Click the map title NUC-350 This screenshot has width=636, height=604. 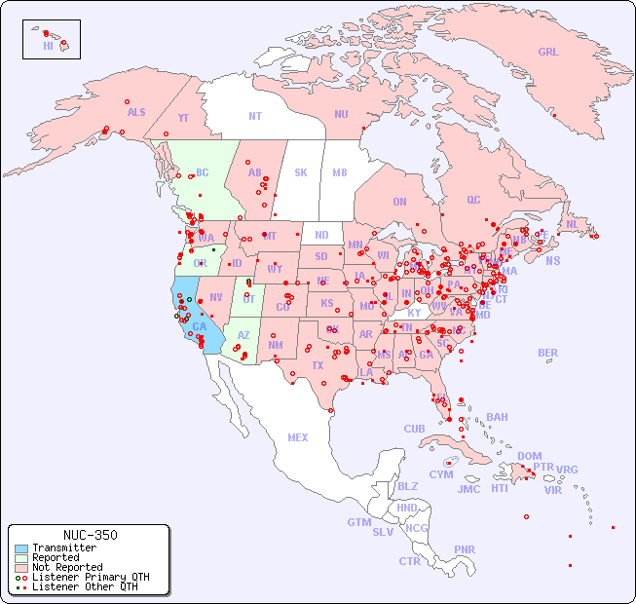89,535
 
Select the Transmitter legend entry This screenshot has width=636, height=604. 63,548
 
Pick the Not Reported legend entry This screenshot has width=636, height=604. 66,567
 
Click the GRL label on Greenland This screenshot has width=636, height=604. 548,53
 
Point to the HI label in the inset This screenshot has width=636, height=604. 48,46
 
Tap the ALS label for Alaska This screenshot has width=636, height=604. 136,112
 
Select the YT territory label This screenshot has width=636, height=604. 183,117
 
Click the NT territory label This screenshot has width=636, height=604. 254,116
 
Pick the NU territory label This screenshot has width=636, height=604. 341,114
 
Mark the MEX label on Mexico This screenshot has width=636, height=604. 298,437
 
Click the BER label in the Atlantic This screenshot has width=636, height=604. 547,353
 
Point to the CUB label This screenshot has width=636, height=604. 414,429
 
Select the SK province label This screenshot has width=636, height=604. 301,172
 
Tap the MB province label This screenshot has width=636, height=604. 339,172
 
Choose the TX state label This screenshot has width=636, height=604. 318,365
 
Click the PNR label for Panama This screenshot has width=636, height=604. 465,549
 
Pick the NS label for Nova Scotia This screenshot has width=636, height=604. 552,260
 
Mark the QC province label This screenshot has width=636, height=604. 473,200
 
